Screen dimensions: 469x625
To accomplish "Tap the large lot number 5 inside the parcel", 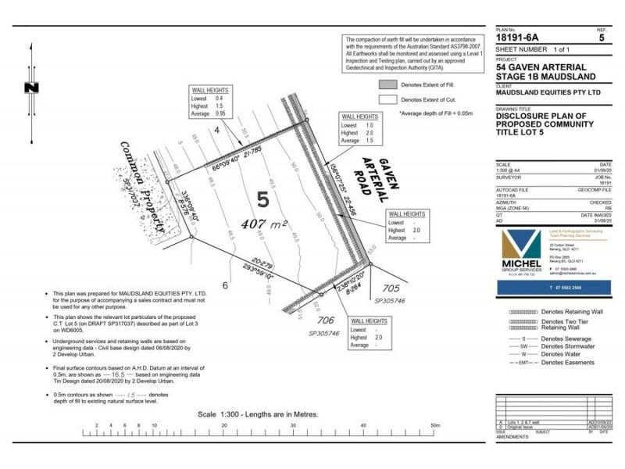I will click(262, 200).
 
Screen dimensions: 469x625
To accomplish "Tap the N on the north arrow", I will click(31, 88).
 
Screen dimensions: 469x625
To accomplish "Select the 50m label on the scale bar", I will click(430, 426).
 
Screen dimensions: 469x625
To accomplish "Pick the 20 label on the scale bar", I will click(224, 426).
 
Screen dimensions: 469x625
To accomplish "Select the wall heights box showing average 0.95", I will click(211, 102).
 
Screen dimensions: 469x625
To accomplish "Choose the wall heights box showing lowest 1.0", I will click(360, 129).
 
